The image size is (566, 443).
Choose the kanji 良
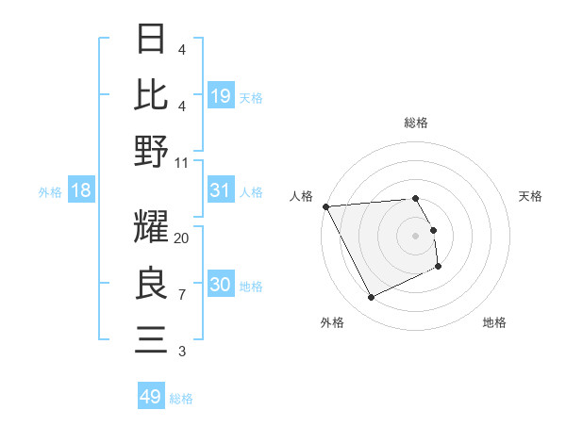click(151, 283)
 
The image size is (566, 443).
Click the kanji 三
click(151, 338)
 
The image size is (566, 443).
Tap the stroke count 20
click(182, 238)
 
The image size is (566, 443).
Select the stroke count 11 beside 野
click(182, 162)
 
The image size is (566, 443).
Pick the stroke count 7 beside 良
click(182, 295)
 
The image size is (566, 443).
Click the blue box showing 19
click(221, 95)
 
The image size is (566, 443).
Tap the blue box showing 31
click(221, 190)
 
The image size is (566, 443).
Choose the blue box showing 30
click(221, 285)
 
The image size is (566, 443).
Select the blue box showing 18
click(81, 190)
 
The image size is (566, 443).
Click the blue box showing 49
click(151, 397)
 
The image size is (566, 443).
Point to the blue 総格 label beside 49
click(181, 399)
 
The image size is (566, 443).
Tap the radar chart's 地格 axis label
click(494, 322)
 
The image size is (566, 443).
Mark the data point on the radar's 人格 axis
click(326, 205)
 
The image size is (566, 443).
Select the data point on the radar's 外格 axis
click(371, 298)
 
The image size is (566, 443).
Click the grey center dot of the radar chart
click(415, 235)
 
